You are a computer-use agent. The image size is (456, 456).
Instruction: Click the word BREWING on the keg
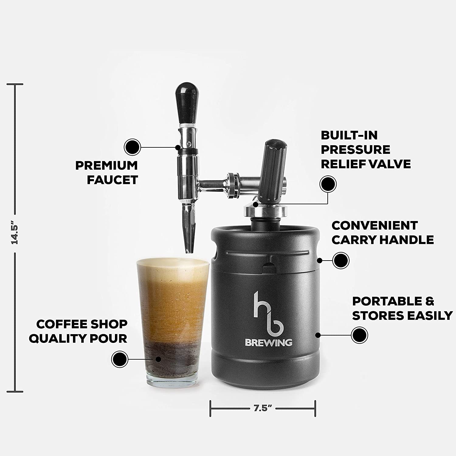click(x=268, y=343)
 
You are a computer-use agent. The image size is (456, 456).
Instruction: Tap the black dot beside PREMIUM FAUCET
click(x=133, y=147)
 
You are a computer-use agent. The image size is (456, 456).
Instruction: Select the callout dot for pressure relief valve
click(x=328, y=184)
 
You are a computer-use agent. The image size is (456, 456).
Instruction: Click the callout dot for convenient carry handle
click(x=341, y=261)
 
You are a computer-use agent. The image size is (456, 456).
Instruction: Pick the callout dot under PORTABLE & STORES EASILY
click(x=359, y=335)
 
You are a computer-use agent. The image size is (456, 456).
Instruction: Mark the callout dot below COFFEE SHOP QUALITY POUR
click(x=119, y=359)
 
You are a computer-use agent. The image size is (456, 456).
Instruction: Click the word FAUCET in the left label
click(x=112, y=180)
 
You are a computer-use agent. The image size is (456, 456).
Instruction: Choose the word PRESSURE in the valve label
click(x=355, y=150)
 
